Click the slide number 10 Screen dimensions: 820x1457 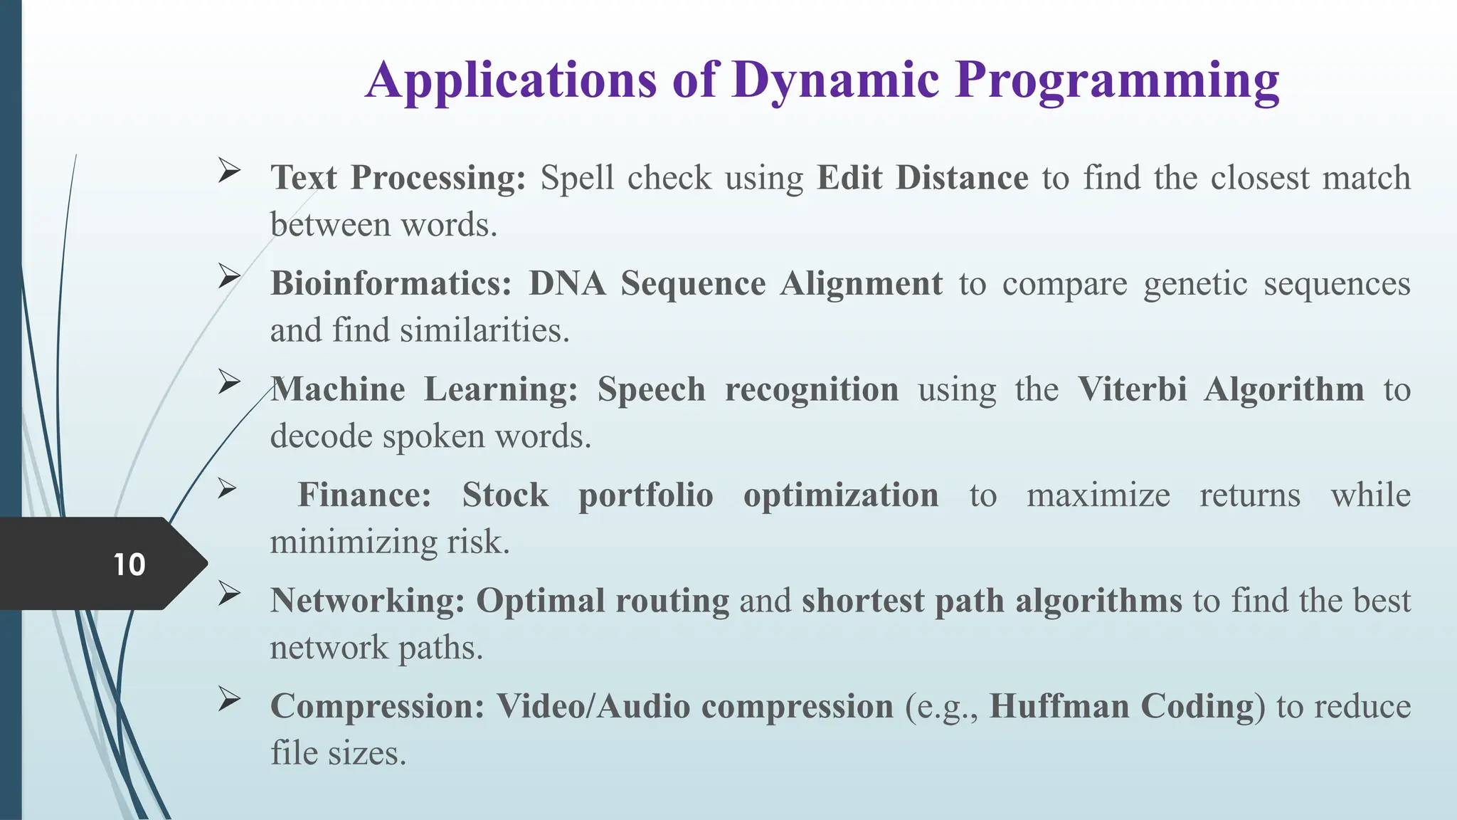[x=129, y=564]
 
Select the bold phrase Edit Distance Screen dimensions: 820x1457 [x=922, y=178]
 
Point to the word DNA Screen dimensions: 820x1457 [x=567, y=283]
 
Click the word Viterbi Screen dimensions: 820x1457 [x=1132, y=389]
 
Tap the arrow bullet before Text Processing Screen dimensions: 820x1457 [x=228, y=171]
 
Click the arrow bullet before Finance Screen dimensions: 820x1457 [x=227, y=488]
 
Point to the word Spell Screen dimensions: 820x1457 [x=576, y=178]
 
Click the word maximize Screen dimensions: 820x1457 [x=1098, y=495]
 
